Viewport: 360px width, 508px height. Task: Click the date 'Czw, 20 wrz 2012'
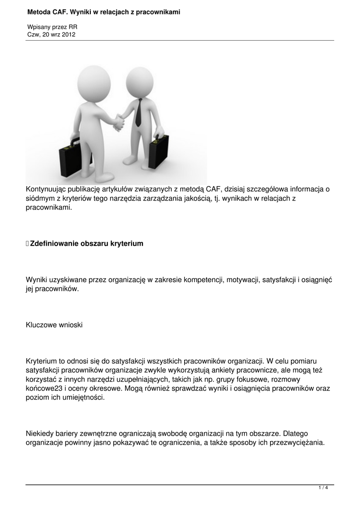51,34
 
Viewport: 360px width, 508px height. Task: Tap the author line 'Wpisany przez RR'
52,27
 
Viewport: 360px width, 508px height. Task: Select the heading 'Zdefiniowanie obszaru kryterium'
86,244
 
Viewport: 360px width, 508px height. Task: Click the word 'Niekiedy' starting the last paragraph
40,434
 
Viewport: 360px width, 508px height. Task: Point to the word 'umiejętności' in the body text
83,398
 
